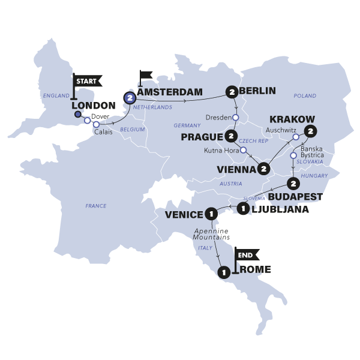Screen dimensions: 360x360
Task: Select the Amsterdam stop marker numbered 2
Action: click(x=129, y=98)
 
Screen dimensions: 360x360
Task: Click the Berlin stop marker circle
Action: click(x=232, y=92)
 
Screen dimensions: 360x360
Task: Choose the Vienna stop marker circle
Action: click(x=264, y=170)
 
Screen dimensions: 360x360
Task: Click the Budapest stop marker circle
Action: click(x=293, y=184)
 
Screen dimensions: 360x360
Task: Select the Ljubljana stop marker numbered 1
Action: click(x=242, y=209)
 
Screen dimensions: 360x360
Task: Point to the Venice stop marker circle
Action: click(x=211, y=213)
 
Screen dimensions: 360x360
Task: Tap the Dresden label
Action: click(x=218, y=117)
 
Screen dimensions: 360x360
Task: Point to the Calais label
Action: click(x=102, y=133)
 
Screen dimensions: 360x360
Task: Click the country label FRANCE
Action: click(x=96, y=206)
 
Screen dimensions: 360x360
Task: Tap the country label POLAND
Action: click(x=305, y=95)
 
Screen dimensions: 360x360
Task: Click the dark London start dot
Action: click(x=77, y=115)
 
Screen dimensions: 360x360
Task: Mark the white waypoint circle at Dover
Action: click(x=88, y=121)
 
